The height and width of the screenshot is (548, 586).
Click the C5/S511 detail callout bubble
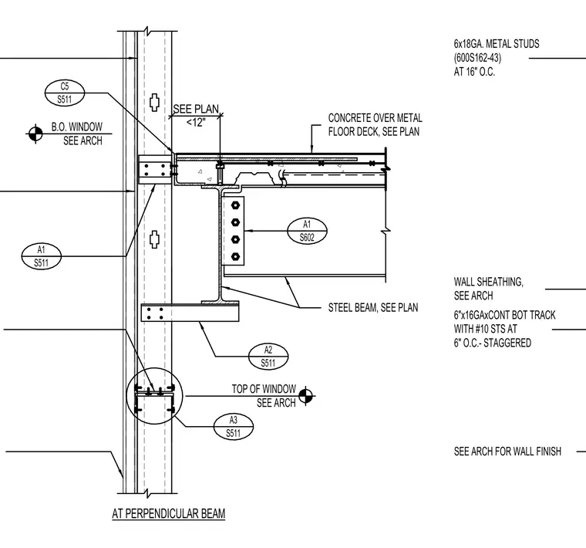(65, 93)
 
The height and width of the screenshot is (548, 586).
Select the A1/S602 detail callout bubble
(307, 231)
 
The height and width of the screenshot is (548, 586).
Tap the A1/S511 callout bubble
(41, 256)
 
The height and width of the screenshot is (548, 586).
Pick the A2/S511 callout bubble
(268, 357)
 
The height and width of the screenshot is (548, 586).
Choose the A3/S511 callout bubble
(233, 426)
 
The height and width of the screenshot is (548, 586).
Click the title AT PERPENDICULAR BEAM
(169, 513)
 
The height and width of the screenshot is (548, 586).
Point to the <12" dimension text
(195, 122)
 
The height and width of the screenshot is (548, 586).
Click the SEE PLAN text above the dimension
(196, 109)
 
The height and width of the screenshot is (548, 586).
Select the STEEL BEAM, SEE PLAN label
(373, 307)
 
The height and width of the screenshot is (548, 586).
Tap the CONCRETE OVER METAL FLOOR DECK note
(375, 125)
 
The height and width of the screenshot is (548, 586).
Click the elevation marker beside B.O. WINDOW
(35, 134)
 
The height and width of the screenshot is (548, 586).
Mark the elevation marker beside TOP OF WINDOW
(305, 396)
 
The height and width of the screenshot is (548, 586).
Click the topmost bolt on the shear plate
(235, 205)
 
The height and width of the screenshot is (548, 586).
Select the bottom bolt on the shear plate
(235, 256)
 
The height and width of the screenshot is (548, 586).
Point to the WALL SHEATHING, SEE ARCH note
(488, 289)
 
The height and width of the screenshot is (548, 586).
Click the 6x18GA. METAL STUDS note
(497, 58)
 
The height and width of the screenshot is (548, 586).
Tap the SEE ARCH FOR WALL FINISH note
(507, 452)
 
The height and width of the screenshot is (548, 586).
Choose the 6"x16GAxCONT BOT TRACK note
(504, 329)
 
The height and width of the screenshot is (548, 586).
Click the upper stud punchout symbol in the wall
(155, 102)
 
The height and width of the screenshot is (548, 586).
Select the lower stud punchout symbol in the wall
(155, 239)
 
